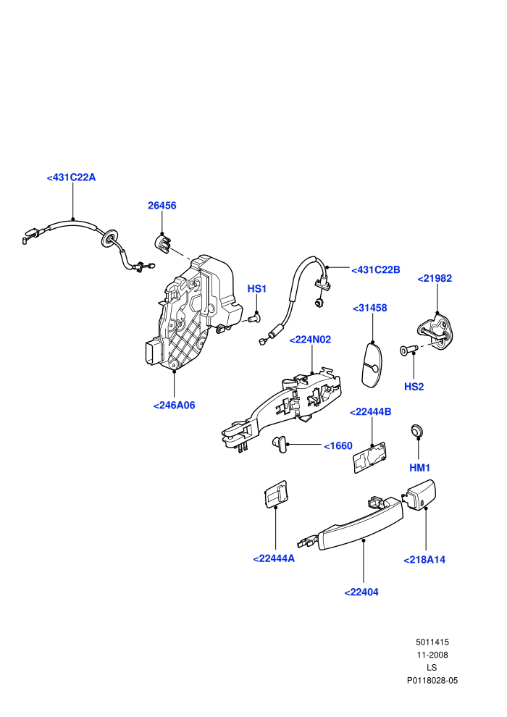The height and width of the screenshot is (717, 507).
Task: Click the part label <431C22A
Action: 71,177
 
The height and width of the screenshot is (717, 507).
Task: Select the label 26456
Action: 162,206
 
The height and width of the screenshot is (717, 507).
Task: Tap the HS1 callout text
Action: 257,289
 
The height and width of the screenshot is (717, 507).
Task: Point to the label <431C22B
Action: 375,270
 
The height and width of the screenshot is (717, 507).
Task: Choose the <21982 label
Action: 435,278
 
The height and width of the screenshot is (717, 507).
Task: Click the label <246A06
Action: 174,405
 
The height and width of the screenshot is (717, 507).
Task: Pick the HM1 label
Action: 419,468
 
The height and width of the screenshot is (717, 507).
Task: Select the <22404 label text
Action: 361,592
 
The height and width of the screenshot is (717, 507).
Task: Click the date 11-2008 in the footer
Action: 432,655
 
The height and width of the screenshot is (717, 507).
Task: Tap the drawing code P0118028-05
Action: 432,680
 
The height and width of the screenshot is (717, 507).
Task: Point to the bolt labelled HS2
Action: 408,351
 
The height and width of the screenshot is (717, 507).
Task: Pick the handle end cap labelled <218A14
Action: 419,495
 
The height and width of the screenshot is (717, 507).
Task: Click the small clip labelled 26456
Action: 162,243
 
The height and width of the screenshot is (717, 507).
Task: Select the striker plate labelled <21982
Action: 437,332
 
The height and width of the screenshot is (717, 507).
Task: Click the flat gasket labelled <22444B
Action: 370,457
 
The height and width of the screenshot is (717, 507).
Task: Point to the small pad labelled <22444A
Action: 277,494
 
